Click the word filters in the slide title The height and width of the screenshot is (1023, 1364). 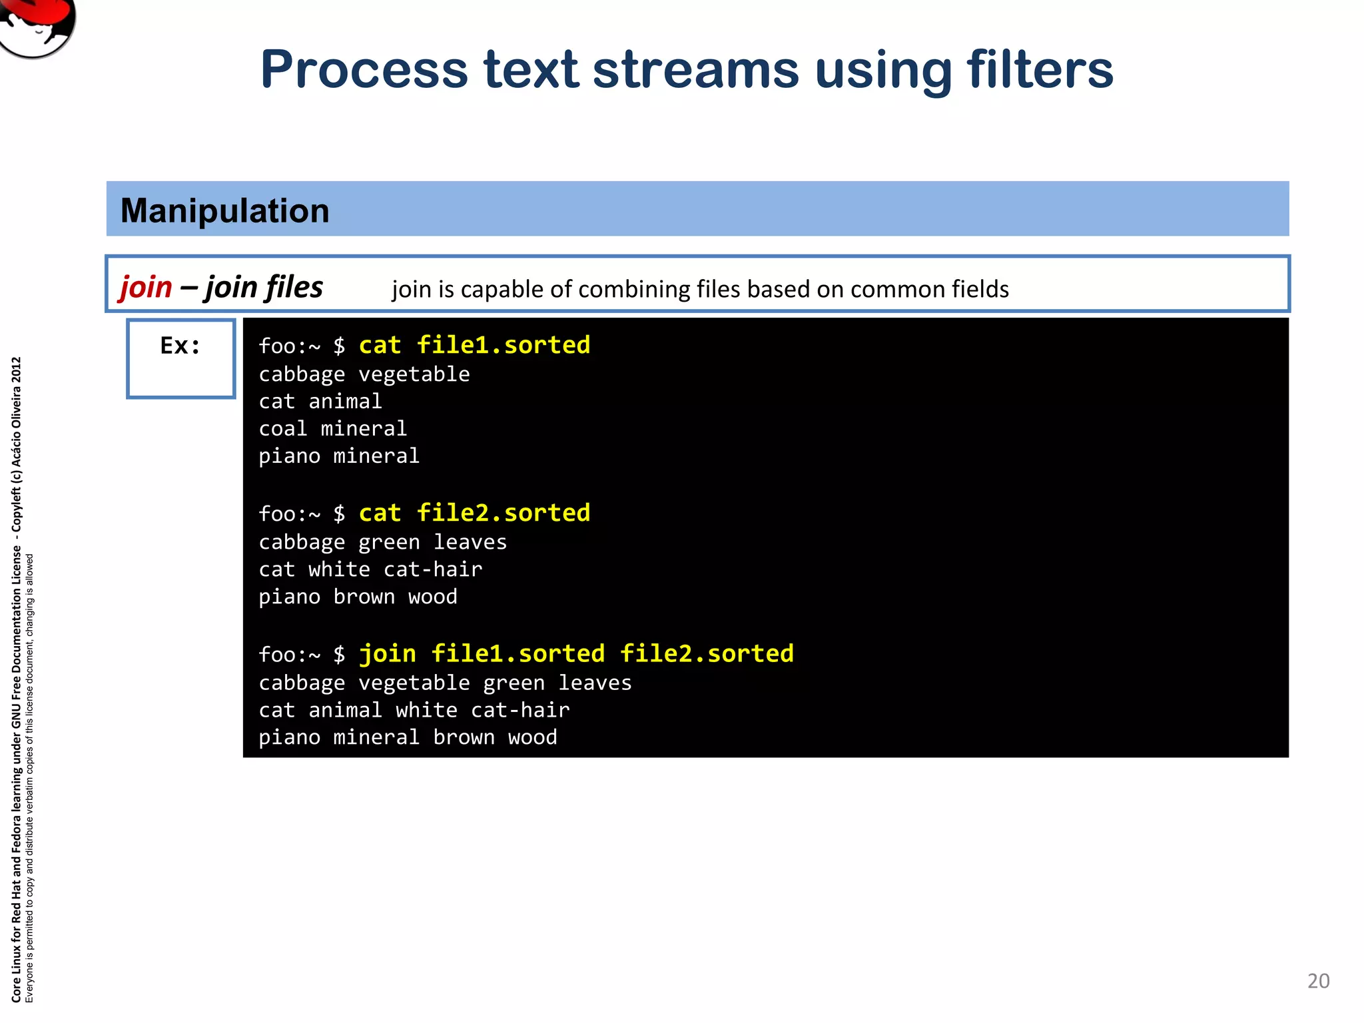coord(1040,70)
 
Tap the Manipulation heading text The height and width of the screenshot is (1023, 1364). coord(224,210)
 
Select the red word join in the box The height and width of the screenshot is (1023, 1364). coord(146,287)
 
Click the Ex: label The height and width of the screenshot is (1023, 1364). coord(180,346)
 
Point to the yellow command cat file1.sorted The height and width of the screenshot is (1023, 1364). coord(474,345)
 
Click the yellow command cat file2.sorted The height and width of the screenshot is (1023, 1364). coord(474,513)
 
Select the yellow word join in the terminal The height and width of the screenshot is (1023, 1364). coord(388,653)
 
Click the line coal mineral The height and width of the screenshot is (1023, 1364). coord(332,428)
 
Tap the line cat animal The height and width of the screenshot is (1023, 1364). coord(320,401)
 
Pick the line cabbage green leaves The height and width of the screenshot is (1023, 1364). coord(382,542)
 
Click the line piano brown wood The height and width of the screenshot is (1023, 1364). coord(358,597)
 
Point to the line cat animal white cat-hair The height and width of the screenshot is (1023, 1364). coord(414,710)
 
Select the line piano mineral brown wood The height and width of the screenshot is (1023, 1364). coord(408,737)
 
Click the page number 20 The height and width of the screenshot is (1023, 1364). coord(1318,981)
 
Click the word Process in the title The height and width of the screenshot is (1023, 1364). coord(364,70)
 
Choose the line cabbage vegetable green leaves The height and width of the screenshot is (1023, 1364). coord(445,683)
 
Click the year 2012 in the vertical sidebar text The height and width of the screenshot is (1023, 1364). coord(17,370)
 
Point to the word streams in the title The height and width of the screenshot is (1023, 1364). coord(695,70)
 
